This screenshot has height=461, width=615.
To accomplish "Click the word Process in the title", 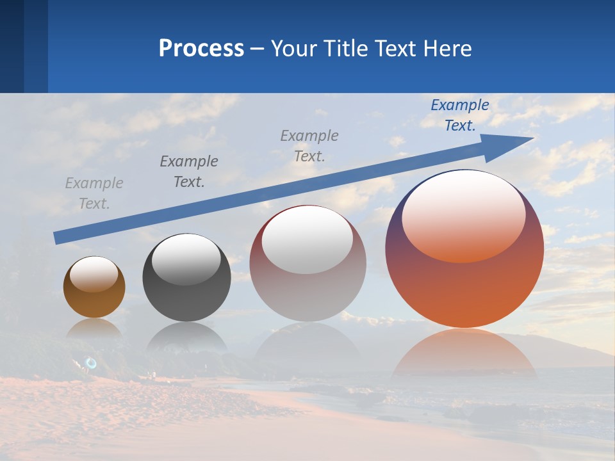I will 201,49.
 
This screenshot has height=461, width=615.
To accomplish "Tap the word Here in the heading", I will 447,49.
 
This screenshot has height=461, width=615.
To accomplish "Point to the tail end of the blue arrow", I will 58,238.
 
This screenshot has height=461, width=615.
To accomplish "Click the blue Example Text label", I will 460,115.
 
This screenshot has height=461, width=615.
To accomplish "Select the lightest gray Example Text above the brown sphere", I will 94,193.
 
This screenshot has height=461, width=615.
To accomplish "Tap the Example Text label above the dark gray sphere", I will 189,172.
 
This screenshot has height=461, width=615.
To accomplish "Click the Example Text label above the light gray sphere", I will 309,145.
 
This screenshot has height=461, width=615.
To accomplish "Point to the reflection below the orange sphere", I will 464,355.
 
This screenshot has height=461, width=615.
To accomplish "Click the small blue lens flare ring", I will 91,363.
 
